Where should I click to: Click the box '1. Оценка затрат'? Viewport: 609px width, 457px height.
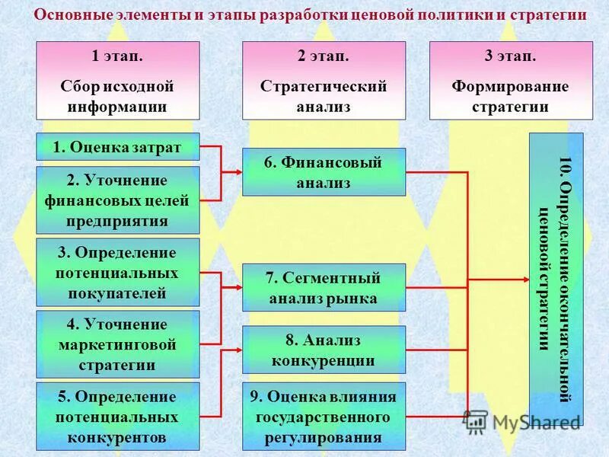click(118, 147)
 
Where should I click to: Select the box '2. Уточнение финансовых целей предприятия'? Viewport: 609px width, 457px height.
click(118, 201)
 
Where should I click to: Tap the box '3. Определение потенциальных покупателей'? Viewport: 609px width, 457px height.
click(118, 273)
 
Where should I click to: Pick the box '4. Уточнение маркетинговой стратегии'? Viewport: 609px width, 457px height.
click(118, 344)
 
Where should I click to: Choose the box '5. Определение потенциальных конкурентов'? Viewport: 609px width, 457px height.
click(118, 417)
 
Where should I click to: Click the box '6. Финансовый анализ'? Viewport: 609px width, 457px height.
click(324, 172)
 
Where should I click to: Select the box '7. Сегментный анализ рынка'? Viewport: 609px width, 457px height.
click(324, 288)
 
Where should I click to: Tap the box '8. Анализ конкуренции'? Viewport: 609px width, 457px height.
click(324, 350)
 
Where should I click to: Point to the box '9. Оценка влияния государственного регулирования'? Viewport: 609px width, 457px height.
click(324, 417)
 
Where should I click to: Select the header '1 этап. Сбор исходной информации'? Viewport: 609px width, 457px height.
click(118, 81)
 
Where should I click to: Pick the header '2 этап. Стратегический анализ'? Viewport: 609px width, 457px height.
click(324, 81)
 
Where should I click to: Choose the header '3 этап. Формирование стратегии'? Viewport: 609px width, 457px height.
click(510, 81)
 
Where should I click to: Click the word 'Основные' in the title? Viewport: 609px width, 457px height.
click(69, 15)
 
